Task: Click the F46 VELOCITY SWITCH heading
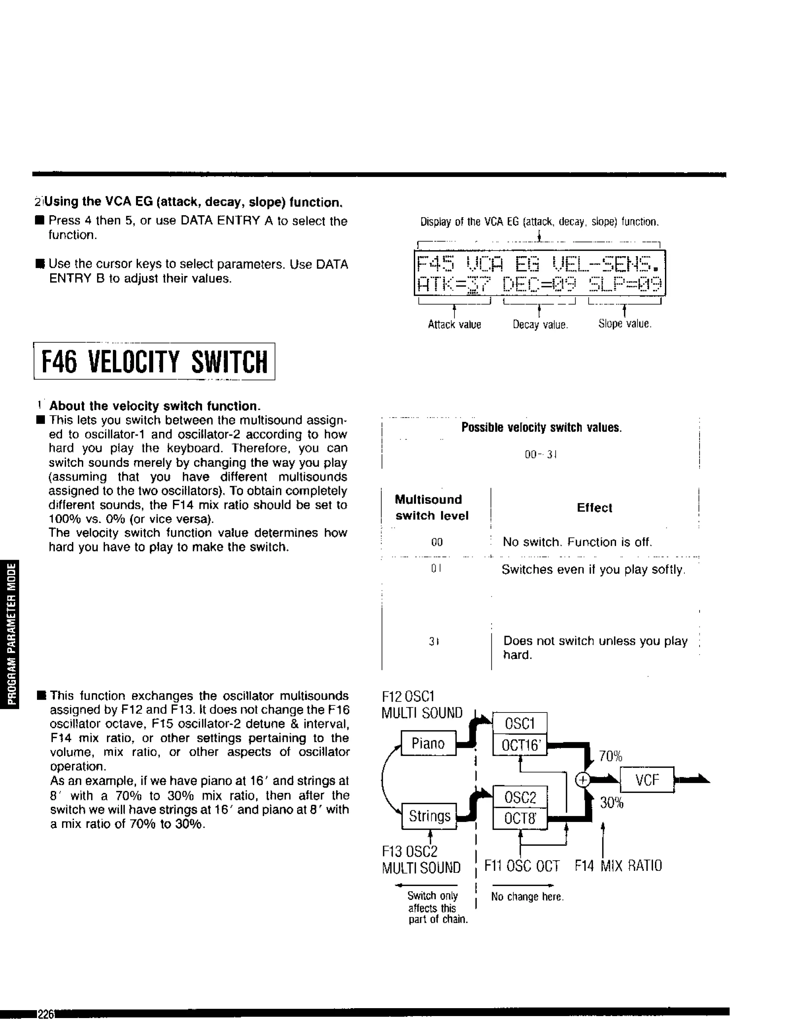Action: (154, 362)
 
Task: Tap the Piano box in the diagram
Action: (428, 743)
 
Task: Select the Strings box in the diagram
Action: (429, 816)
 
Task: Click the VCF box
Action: (647, 780)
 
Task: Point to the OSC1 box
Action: (519, 724)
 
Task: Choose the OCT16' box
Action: (519, 745)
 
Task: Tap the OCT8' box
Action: (519, 818)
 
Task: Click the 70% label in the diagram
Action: (610, 756)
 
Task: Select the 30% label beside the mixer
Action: (611, 803)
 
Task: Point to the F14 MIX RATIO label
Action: (618, 866)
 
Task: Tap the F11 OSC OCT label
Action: (522, 866)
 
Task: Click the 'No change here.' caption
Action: (527, 897)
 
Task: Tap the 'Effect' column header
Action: (594, 508)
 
